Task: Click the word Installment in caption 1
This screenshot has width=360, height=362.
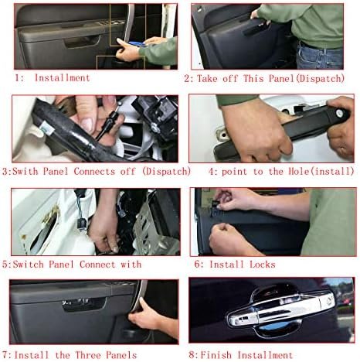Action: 62,77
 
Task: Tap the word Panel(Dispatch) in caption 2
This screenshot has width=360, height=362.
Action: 307,78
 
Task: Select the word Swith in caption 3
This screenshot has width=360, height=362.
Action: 25,171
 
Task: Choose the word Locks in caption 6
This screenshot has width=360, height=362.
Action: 263,265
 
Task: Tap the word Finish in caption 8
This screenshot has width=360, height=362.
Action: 216,355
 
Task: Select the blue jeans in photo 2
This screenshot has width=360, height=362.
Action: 319,56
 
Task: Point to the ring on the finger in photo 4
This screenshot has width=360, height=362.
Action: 342,150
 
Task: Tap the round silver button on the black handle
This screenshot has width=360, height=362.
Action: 339,113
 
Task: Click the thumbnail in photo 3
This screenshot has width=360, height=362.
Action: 87,125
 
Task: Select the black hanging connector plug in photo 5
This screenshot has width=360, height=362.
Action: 83,224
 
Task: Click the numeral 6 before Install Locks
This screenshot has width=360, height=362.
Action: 197,265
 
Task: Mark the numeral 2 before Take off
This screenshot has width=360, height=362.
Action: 187,78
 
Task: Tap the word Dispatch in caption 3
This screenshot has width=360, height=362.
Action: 166,171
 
